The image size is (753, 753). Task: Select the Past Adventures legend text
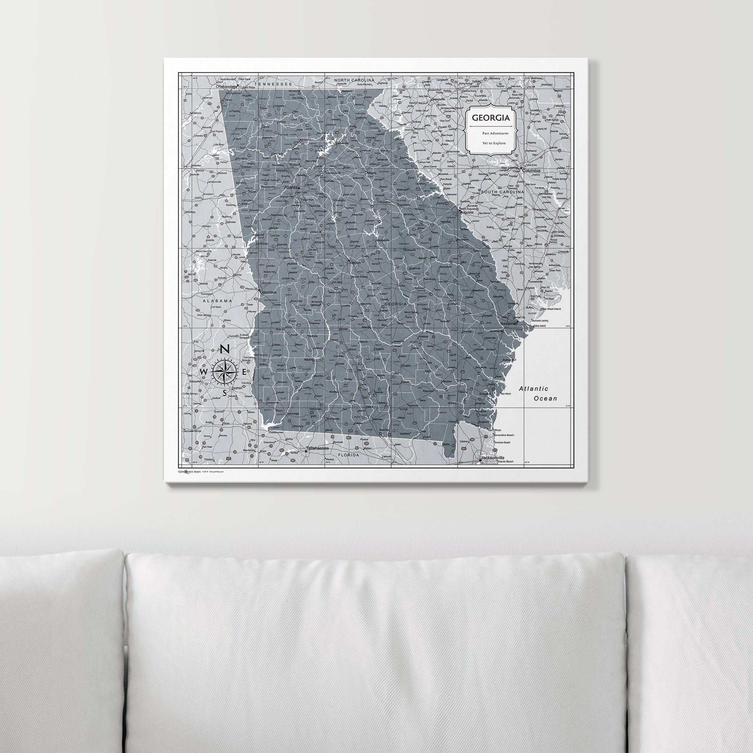coord(495,133)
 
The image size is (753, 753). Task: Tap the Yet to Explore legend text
coord(494,143)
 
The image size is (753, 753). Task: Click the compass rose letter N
coord(225,350)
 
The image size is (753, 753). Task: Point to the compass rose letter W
coord(203,372)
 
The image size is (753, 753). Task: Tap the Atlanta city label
coord(291,188)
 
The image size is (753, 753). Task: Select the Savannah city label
coord(508,324)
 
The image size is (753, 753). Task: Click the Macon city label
coord(355,263)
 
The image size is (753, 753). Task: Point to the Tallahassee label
coord(317,448)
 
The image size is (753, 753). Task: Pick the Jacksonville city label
coord(492,457)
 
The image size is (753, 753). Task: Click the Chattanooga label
coord(226,87)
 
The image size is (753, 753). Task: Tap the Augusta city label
coord(467,213)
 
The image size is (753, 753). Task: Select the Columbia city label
coord(531,171)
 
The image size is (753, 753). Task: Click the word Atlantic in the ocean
coord(533,389)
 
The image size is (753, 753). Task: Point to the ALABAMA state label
coord(217,300)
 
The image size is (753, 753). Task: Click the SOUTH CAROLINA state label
coord(502,192)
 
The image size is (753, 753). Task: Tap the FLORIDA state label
coord(348,454)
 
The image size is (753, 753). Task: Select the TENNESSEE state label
coord(273,84)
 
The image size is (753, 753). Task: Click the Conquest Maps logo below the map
coord(189,471)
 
